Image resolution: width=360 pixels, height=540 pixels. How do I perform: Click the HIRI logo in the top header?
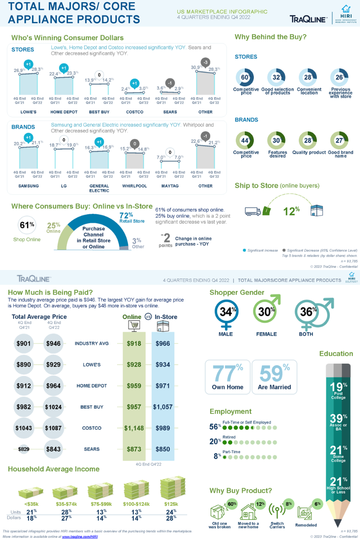click(345, 14)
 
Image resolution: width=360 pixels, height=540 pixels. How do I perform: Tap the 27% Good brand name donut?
click(339, 141)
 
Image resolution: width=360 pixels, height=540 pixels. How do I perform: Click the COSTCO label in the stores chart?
click(135, 112)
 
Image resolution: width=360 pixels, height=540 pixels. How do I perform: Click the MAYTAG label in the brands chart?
click(170, 185)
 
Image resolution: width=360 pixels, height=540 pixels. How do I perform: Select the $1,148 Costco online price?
click(134, 428)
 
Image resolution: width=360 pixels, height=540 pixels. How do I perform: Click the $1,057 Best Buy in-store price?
click(162, 407)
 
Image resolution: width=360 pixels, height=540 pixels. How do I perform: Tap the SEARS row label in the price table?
click(92, 449)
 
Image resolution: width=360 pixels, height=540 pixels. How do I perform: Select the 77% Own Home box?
click(227, 377)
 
